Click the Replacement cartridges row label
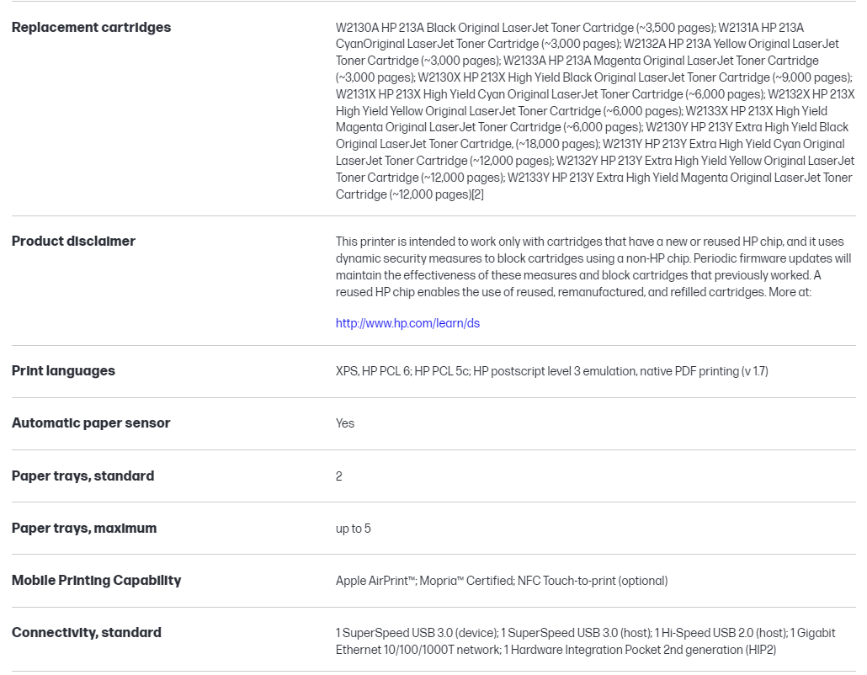pos(91,28)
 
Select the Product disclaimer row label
pos(73,242)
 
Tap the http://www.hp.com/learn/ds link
pos(407,323)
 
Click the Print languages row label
pos(63,371)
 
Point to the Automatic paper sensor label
pos(91,423)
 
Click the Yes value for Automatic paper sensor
pos(345,423)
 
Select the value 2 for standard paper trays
pos(339,476)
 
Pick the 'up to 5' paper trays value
pos(354,529)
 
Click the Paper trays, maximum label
pos(84,529)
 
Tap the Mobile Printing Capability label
pos(96,581)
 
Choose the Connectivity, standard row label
pos(87,633)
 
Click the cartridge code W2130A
pos(357,28)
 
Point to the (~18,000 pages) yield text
pos(556,144)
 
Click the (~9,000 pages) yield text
pos(807,77)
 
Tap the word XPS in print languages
pos(346,371)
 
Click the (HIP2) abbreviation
pos(760,650)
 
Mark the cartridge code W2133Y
pos(529,178)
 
